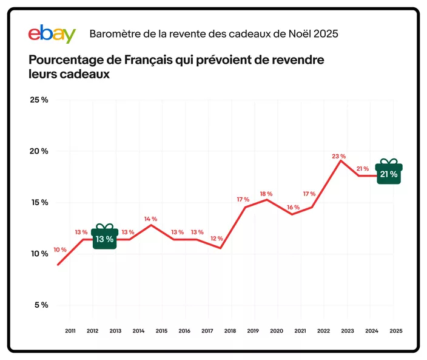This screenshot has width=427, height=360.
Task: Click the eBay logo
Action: tap(52, 33)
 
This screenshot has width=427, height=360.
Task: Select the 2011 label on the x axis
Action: tap(70, 331)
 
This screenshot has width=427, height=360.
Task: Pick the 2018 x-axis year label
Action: tap(231, 331)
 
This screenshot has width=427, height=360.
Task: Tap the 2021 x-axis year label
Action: tap(300, 331)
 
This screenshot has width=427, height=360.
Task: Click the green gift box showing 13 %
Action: tap(105, 236)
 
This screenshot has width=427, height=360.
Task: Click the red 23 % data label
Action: tap(338, 156)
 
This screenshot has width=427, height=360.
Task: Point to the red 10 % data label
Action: tap(60, 250)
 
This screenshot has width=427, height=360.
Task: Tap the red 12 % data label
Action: tap(217, 239)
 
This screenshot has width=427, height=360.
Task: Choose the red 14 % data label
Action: tap(150, 219)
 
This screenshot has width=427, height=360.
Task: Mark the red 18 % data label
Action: tap(266, 194)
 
